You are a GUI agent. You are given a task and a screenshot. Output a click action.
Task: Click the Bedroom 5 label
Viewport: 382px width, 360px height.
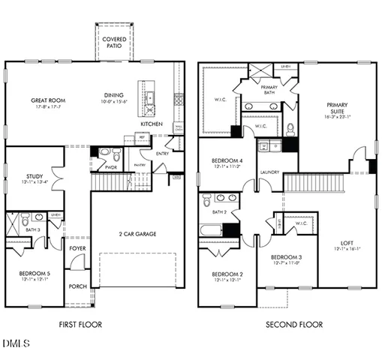pos(35,273)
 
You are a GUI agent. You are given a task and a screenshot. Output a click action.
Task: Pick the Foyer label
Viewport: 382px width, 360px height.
pos(77,247)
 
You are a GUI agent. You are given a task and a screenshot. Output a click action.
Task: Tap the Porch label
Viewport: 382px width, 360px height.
pos(77,286)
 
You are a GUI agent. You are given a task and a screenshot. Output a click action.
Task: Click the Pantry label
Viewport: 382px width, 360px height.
pos(139,164)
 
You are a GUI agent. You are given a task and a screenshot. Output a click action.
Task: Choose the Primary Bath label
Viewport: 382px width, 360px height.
pos(269,88)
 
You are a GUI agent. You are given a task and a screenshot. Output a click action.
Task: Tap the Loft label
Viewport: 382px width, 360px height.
pos(347,241)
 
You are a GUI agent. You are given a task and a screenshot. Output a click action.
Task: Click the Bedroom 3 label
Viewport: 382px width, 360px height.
pos(289,257)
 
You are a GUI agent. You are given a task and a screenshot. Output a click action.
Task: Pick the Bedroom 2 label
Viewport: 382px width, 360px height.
pos(226,274)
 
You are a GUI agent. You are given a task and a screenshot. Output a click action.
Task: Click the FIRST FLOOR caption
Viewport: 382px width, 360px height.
pos(80,325)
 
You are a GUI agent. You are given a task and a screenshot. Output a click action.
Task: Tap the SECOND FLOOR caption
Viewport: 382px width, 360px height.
pos(294,325)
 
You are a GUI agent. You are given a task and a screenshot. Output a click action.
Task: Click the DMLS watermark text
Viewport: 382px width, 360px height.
pos(16,344)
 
